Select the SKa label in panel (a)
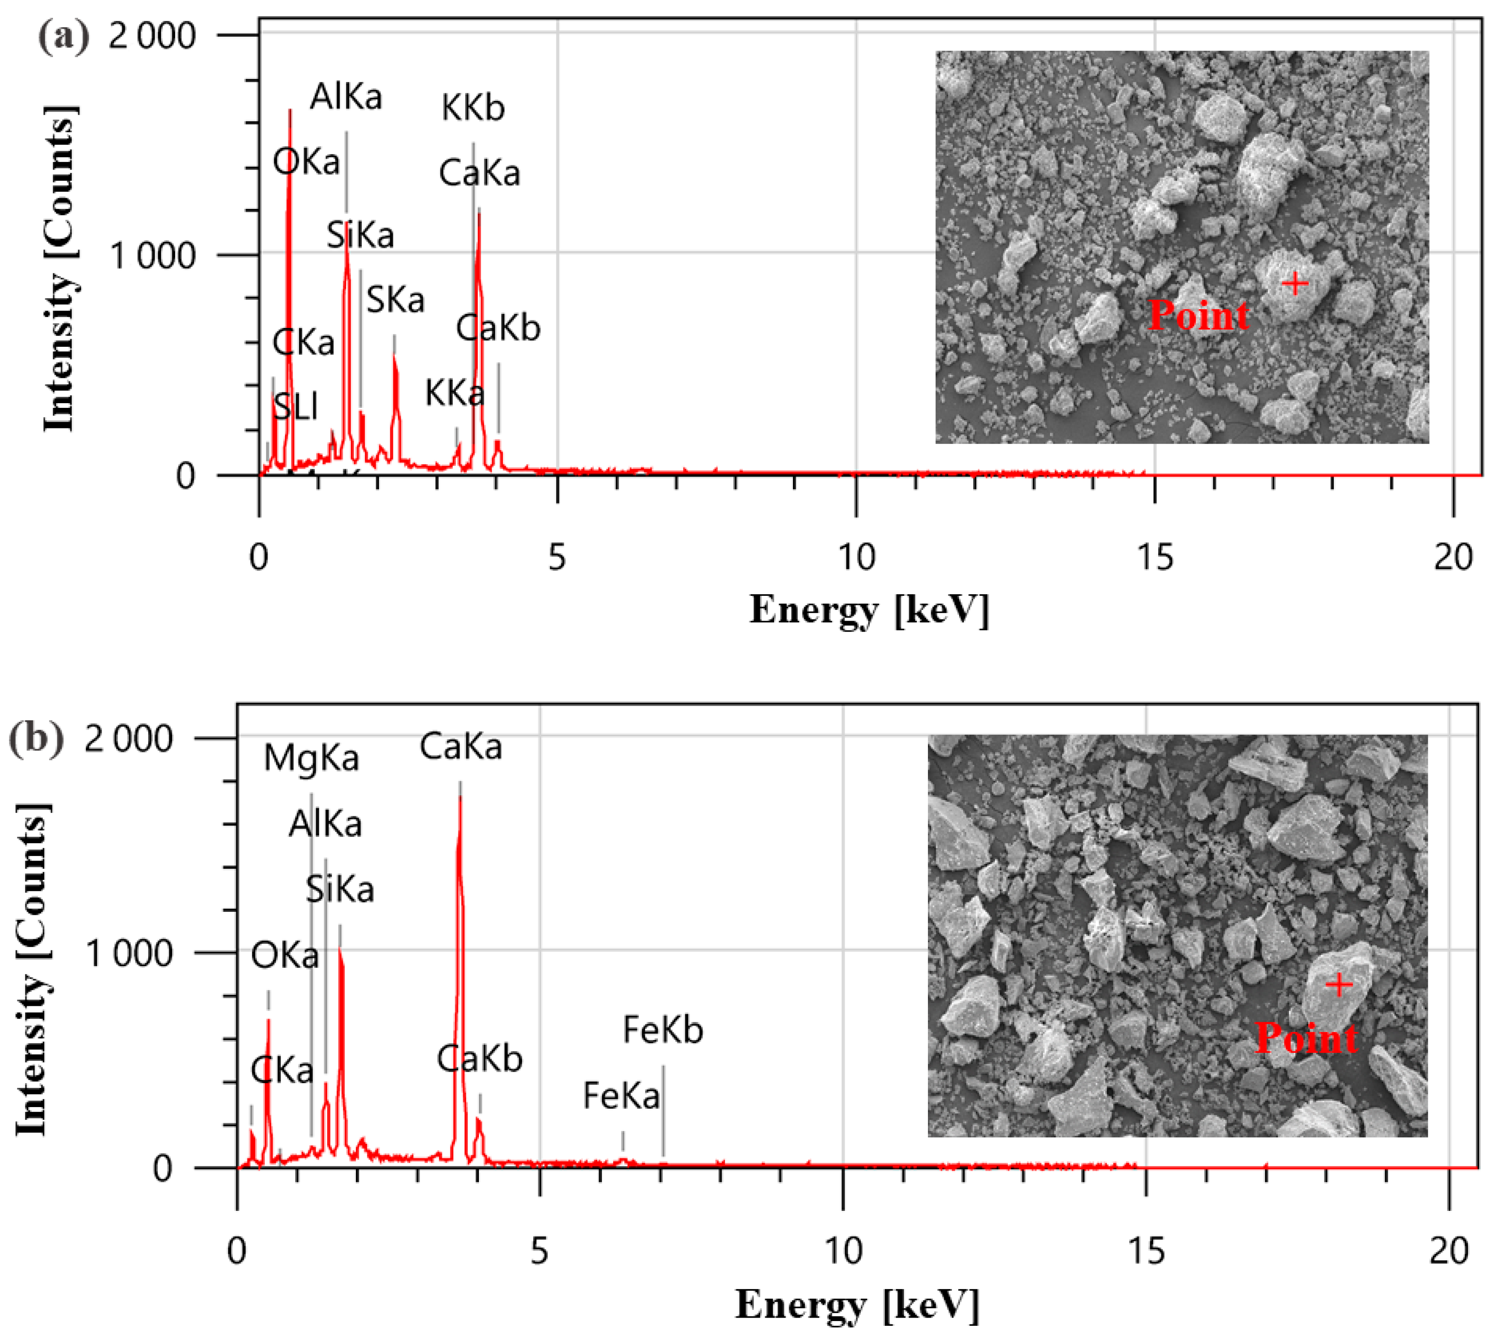395,299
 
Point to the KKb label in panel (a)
473,108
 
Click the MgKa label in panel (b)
311,758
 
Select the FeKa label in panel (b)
621,1096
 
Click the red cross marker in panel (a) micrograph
1295,283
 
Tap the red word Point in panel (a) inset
1198,316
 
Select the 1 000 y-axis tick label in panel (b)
129,954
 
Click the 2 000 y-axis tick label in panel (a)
152,35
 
